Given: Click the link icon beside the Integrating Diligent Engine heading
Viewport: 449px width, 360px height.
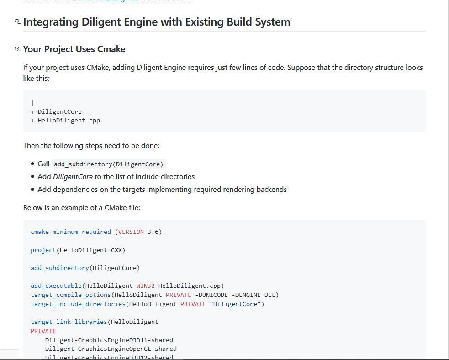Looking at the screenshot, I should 18,22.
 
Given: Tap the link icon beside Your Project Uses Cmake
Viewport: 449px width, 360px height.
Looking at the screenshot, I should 18,49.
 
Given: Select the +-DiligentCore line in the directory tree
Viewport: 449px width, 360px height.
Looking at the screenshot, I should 56,111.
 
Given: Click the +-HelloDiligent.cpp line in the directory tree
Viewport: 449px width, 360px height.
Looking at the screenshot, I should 65,121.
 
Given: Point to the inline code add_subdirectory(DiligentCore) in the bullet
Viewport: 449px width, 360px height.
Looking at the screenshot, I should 109,164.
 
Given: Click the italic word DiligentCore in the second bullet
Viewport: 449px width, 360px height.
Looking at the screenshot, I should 73,176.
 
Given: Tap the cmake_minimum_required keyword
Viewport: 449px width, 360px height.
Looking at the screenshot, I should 71,232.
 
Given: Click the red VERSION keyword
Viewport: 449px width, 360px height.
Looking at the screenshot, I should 131,232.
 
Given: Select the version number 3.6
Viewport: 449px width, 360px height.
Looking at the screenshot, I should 153,232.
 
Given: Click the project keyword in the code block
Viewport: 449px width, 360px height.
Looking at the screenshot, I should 43,250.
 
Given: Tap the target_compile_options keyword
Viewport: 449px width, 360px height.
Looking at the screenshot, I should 71,295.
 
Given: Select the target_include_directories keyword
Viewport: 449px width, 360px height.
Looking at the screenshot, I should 78,304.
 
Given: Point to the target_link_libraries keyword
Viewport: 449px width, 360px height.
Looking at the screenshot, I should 69,322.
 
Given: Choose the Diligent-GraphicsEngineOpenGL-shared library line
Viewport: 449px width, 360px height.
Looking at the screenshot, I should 111,349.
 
